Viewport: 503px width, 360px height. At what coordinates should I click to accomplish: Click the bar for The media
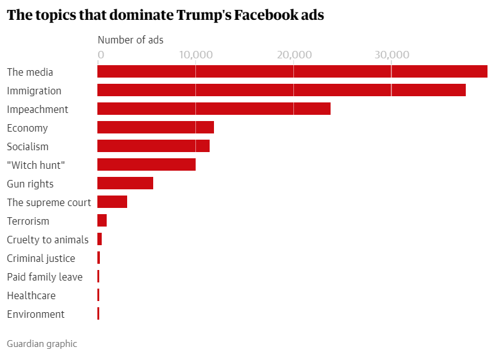pos(292,72)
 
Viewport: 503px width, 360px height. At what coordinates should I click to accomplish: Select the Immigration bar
pos(282,91)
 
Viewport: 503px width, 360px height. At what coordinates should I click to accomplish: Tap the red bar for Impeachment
pos(214,109)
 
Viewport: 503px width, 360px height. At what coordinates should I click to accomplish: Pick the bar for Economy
pos(156,128)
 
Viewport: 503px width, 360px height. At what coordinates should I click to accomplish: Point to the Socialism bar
pos(153,146)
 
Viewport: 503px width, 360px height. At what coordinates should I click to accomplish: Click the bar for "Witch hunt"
pos(146,165)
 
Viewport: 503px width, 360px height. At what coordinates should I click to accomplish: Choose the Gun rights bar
pos(125,184)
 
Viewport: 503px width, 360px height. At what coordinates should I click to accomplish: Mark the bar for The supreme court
pos(112,202)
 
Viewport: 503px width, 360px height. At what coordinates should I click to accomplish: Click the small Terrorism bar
pos(102,221)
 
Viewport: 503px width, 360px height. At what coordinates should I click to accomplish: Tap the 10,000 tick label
pos(195,55)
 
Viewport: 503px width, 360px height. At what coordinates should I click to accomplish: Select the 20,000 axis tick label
pos(293,55)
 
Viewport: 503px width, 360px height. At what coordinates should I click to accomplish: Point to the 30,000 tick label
pos(391,55)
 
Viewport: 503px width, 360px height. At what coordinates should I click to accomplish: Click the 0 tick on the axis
pos(101,55)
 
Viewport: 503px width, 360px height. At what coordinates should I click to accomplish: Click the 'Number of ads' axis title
pos(131,40)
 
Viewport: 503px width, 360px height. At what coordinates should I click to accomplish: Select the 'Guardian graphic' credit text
pos(42,343)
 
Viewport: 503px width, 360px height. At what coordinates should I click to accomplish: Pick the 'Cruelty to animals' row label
pos(48,240)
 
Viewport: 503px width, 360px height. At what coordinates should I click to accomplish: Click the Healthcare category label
pos(31,295)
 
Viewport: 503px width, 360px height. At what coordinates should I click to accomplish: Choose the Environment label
pos(35,314)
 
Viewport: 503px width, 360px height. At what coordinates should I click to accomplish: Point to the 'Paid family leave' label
pos(45,277)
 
